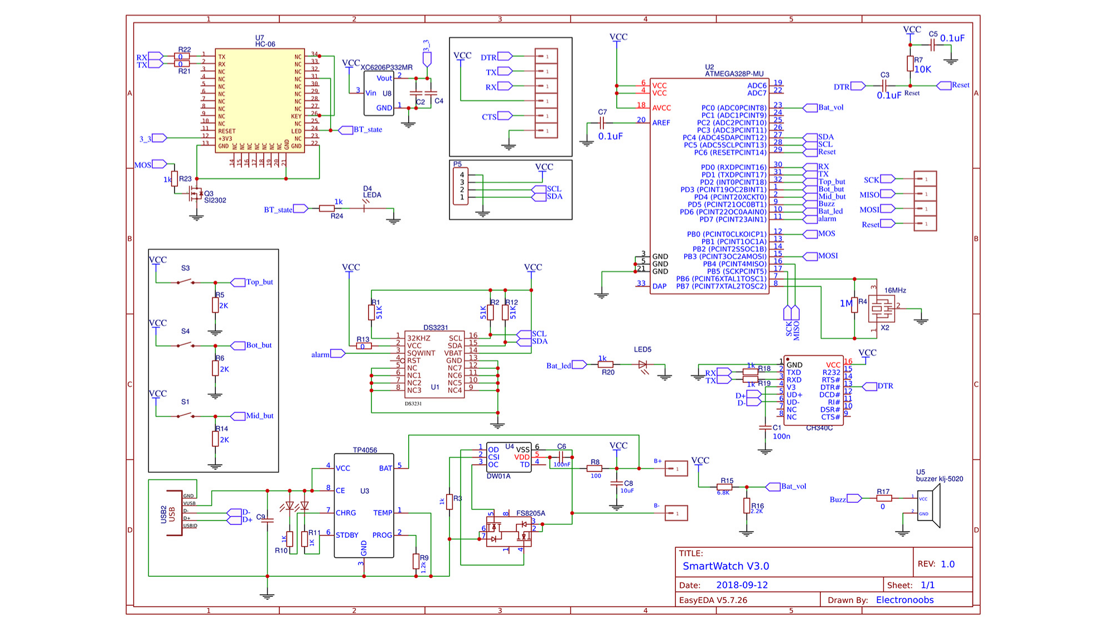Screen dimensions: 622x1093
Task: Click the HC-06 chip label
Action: coord(265,44)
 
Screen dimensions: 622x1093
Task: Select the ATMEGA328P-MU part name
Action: coord(734,74)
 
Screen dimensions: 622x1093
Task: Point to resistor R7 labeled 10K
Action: coord(910,64)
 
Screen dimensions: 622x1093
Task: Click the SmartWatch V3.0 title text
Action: coord(726,566)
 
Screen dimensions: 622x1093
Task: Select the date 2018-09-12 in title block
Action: coord(742,585)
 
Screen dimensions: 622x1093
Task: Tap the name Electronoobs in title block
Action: coord(905,600)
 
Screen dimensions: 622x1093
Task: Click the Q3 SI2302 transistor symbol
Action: coord(195,194)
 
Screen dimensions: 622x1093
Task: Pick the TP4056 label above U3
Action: coord(365,450)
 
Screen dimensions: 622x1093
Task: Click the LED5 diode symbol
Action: coord(642,365)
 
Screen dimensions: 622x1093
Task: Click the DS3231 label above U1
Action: coord(436,328)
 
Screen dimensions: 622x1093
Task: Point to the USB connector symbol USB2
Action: coord(175,513)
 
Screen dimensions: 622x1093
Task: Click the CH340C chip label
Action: coord(819,428)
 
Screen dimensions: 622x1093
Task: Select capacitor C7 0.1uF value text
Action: coord(610,136)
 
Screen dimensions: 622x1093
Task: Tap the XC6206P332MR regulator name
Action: coord(386,67)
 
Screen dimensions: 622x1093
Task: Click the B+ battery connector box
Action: coord(676,469)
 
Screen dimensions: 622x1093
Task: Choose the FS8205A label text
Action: coord(530,513)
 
